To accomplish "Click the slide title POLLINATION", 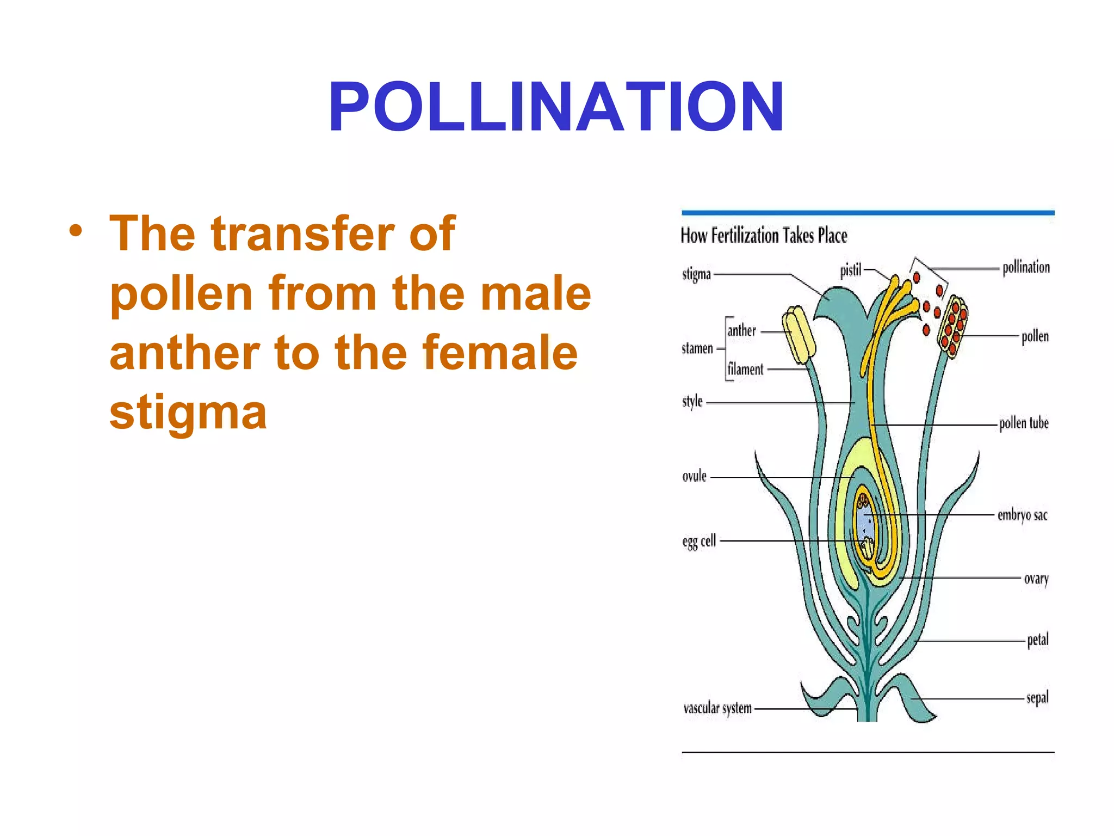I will coord(556,107).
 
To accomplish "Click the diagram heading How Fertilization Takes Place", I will coord(764,236).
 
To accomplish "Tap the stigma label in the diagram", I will coord(696,274).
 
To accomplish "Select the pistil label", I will coord(851,270).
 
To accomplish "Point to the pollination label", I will coord(1026,267).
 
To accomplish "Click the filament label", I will coord(745,369).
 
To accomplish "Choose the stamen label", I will coord(697,348).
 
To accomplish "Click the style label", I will coord(692,402).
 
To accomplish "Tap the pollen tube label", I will coord(1024,423).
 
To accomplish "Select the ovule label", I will coord(694,476).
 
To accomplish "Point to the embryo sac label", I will coord(1022,515).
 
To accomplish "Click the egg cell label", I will coord(699,542).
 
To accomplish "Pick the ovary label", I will coord(1036,579).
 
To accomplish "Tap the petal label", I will coord(1037,640).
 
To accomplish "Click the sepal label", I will coord(1037,698).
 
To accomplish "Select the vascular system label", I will coord(717,708).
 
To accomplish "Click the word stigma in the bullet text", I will coord(188,413).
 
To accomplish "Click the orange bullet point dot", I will coord(76,231).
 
